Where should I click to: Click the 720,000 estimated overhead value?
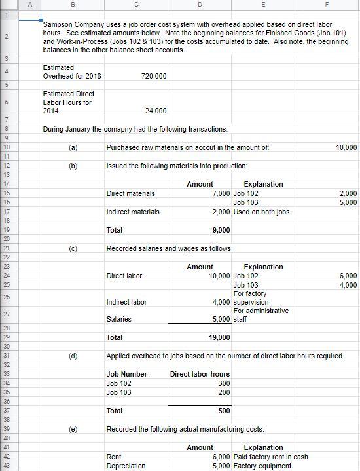(154, 76)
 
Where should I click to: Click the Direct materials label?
(131, 193)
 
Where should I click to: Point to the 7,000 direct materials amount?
(221, 193)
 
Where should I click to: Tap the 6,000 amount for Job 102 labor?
(348, 276)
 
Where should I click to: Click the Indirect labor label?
(126, 302)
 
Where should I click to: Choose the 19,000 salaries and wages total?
(219, 337)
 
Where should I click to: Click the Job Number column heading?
(126, 374)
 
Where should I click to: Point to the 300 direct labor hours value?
(224, 383)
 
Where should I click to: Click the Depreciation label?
(126, 466)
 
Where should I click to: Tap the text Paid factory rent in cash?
(271, 457)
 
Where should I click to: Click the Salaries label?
(118, 319)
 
